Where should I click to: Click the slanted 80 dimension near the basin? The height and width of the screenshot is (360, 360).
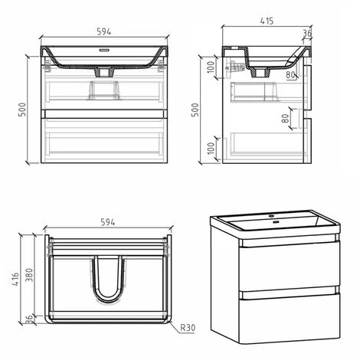[292, 74]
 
